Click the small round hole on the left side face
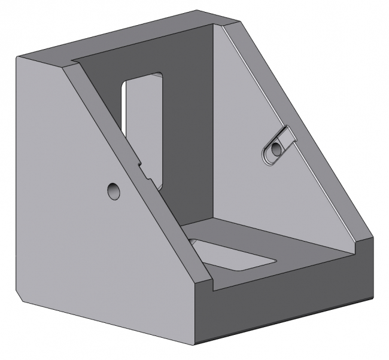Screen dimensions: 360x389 point(113,191)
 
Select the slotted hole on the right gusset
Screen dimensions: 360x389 point(278,147)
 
